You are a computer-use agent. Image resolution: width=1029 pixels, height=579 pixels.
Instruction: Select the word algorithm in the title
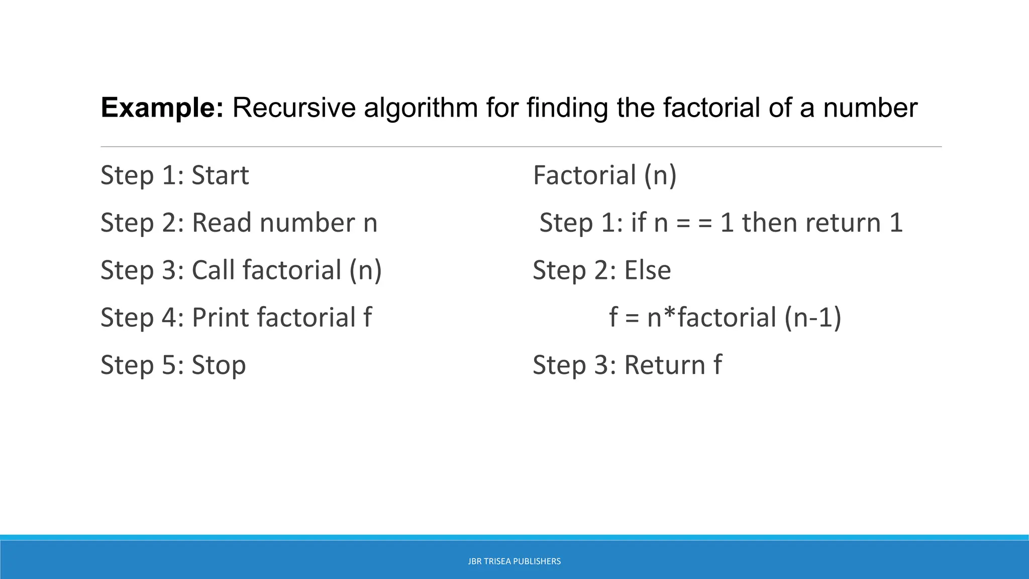coord(421,108)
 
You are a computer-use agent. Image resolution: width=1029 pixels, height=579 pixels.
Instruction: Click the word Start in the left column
coord(220,175)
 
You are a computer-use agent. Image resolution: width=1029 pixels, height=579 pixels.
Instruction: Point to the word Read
coord(222,222)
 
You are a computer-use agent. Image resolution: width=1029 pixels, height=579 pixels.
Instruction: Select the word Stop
coord(219,364)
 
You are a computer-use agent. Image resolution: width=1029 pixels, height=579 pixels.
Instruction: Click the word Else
coord(647,270)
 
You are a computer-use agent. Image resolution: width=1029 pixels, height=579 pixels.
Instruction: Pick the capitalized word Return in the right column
coord(665,364)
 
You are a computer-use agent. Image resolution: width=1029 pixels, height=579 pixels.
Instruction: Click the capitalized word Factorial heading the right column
coord(584,175)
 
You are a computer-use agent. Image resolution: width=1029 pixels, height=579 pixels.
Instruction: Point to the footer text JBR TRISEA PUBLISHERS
coord(514,561)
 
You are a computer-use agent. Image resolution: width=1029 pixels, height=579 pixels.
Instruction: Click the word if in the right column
coord(638,222)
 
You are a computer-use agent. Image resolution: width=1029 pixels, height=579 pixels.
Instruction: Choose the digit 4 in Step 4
coord(169,317)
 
